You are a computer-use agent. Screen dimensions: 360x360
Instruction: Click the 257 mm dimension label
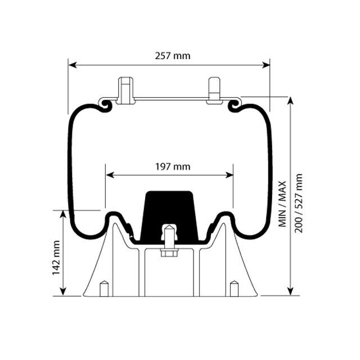[173, 56]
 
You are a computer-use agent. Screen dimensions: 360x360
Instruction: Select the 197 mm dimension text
[173, 166]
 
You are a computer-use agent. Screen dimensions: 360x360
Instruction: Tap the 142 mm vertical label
[56, 258]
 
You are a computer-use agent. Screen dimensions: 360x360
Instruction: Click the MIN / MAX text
[282, 203]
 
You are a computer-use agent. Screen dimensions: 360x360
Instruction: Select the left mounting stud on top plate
[125, 90]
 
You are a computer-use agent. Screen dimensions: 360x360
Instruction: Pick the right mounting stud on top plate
[214, 90]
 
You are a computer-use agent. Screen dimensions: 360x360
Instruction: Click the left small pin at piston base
[103, 289]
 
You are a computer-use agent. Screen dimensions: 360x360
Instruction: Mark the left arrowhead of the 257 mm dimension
[71, 65]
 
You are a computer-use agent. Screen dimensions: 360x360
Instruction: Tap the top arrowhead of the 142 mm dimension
[63, 214]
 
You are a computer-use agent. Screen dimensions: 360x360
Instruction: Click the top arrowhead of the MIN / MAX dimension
[291, 100]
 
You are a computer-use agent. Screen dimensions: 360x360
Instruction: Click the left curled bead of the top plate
[105, 105]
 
